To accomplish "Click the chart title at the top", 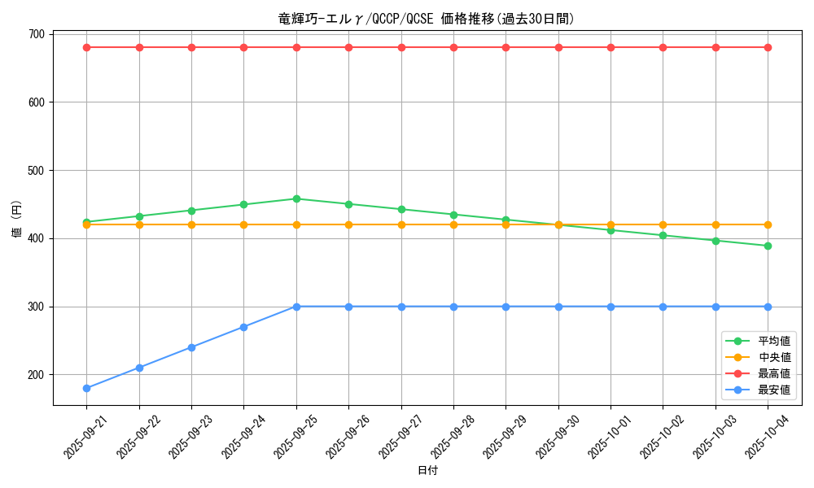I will coord(427,19).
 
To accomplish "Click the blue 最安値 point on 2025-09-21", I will coord(86,388).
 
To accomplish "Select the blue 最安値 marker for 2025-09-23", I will coord(191,347).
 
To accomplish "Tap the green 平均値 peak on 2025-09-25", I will coord(296,198).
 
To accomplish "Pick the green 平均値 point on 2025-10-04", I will coord(768,246).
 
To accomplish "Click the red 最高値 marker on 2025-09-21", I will coord(86,47).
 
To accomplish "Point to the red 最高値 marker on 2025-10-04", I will coord(768,47).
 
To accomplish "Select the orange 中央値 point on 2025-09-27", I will coord(401,224).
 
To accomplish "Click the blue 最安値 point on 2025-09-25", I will coord(296,307).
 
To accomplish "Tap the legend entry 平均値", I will coord(773,341).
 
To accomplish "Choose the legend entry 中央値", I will coord(773,357).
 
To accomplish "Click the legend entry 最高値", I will coord(773,373).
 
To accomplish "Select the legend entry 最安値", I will coord(773,390).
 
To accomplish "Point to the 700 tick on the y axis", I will coord(36,34).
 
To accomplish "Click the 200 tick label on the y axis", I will coord(36,375).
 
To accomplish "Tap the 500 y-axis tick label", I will coord(36,171).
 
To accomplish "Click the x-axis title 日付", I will coord(427,471).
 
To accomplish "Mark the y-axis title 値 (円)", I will coord(16,218).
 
